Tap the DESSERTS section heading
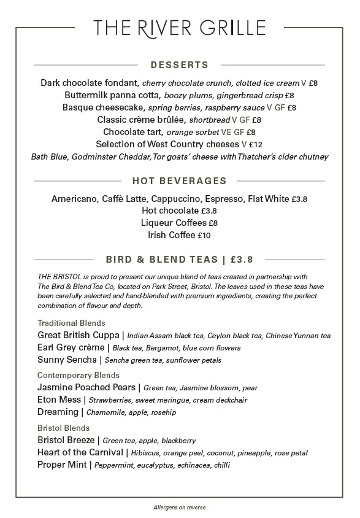point(180,64)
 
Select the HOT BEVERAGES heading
point(180,181)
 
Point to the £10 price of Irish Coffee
point(204,236)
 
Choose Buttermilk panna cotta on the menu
point(112,95)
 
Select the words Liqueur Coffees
point(174,223)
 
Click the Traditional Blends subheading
point(71,323)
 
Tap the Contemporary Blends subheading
point(79,375)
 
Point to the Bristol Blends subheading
point(63,428)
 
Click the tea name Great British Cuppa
point(79,335)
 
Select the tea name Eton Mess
point(59,400)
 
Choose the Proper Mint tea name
point(63,465)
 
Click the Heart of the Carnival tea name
point(80,452)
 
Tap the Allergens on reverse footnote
point(180,508)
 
